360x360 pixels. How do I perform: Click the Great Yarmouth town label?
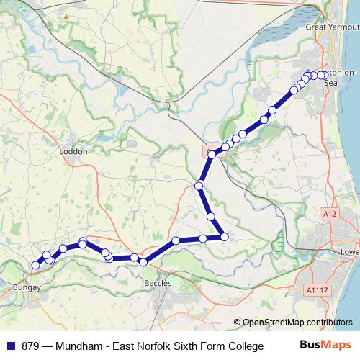331,27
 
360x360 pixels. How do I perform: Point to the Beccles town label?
158,284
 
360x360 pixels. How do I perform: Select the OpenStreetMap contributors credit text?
293,323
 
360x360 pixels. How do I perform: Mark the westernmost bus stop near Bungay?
35,265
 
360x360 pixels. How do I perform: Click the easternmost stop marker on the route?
323,75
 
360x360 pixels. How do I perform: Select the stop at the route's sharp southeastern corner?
224,236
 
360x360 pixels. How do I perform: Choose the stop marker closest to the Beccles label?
143,261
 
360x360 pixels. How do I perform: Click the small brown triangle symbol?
66,16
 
